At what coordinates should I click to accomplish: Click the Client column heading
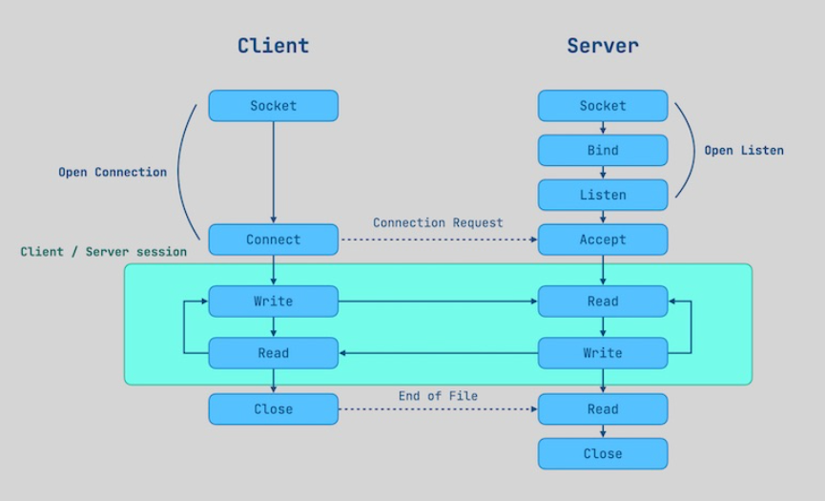[273, 45]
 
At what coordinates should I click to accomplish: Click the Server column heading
[603, 45]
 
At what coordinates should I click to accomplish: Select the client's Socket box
[274, 106]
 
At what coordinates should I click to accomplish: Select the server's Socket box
[603, 106]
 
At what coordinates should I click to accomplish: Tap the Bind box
[603, 151]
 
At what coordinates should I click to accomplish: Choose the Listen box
[603, 195]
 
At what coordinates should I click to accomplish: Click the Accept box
[603, 240]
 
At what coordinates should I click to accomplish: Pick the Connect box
[274, 240]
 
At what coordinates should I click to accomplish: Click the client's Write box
[274, 302]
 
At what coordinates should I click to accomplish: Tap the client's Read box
[274, 353]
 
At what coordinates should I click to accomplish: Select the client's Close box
[274, 409]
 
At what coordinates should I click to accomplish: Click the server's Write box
[603, 353]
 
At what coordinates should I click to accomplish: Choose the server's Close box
[603, 453]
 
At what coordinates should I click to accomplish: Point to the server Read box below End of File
[603, 409]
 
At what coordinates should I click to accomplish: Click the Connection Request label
[438, 222]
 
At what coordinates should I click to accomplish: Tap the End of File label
[438, 395]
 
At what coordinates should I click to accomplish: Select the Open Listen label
[744, 150]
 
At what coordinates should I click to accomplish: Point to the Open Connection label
[113, 173]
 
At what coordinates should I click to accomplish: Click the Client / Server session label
[104, 252]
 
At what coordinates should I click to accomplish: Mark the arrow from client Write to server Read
[438, 302]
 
